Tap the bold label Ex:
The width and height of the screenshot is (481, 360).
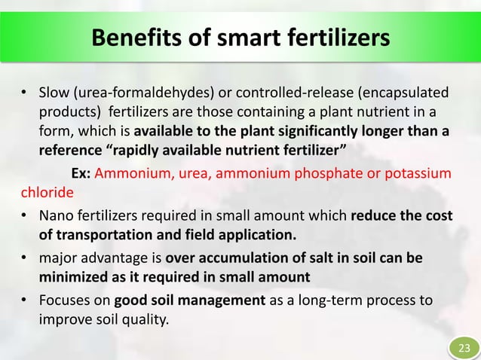(81, 172)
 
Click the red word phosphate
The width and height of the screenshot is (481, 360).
(328, 172)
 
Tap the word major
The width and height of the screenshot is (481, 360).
(57, 258)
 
